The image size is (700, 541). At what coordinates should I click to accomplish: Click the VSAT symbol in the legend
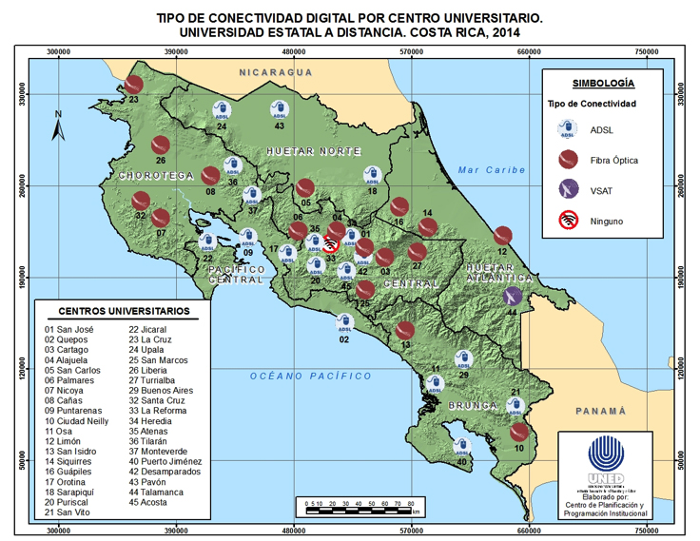pyautogui.click(x=569, y=190)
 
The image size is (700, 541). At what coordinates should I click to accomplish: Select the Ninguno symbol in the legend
pyautogui.click(x=569, y=222)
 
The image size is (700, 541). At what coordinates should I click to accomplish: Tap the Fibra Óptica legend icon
pyautogui.click(x=569, y=159)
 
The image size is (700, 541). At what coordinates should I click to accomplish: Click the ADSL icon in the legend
pyautogui.click(x=569, y=128)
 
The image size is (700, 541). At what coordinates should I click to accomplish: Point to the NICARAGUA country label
pyautogui.click(x=276, y=72)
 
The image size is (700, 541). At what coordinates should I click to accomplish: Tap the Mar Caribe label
pyautogui.click(x=491, y=170)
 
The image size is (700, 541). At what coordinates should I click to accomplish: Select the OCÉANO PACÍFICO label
pyautogui.click(x=310, y=377)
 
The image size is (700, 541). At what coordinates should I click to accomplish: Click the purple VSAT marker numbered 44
pyautogui.click(x=513, y=296)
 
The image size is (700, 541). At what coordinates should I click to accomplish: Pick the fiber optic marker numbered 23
pyautogui.click(x=135, y=85)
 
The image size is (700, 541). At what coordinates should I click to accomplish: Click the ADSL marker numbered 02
pyautogui.click(x=345, y=322)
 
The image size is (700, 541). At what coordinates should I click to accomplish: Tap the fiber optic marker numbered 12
pyautogui.click(x=503, y=236)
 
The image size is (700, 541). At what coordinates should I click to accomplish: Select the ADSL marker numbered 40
pyautogui.click(x=462, y=446)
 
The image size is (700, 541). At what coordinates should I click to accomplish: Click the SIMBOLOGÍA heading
pyautogui.click(x=603, y=84)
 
